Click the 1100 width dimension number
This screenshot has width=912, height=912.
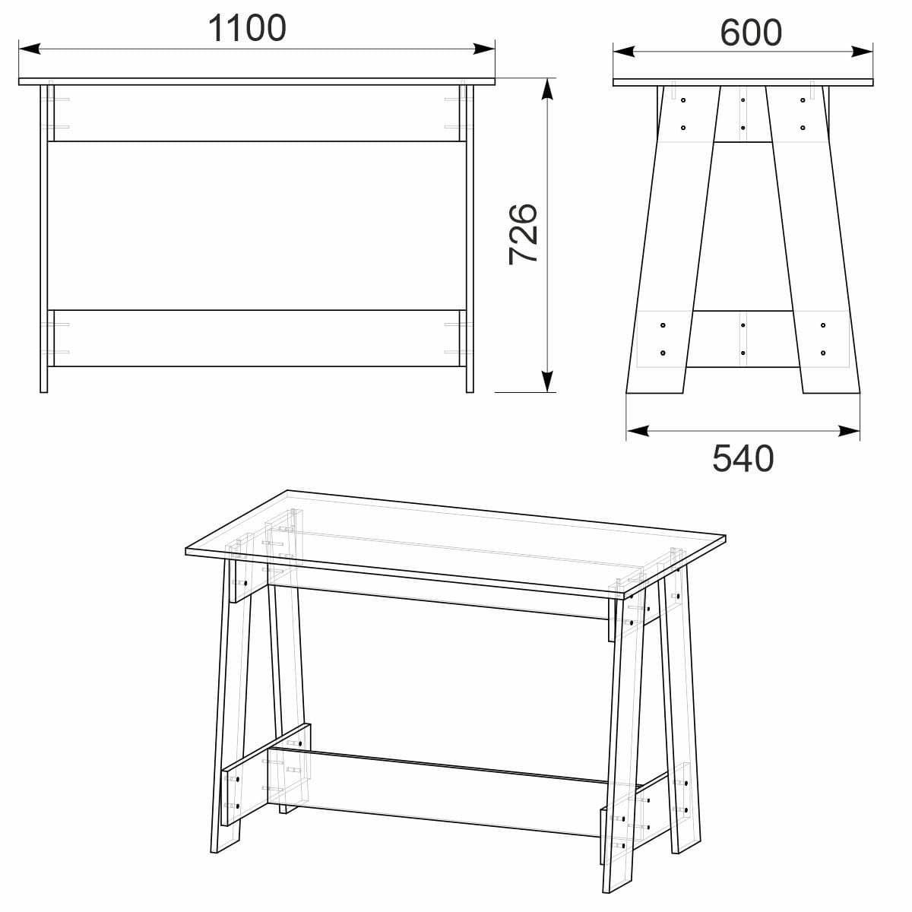tap(247, 28)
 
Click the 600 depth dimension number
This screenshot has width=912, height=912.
tap(750, 33)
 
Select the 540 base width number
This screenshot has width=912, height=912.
tap(743, 458)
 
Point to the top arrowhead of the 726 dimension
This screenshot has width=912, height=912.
tap(546, 90)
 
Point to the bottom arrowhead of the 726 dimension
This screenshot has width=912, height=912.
tap(546, 382)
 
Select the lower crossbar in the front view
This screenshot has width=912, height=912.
tap(257, 338)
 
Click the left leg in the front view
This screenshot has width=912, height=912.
tap(44, 243)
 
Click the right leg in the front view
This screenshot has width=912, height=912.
tap(470, 243)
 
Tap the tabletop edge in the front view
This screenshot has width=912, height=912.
tap(257, 81)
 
